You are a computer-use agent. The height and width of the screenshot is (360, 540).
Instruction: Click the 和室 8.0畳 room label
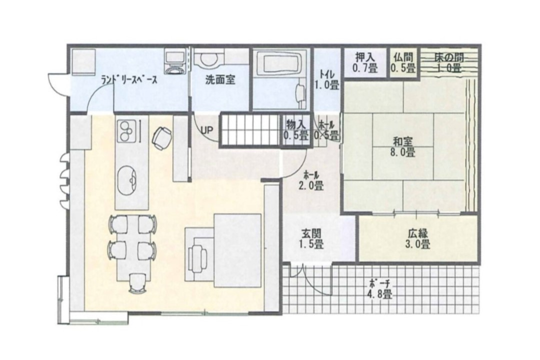[403, 147]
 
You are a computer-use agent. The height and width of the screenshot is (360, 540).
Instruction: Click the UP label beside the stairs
[207, 130]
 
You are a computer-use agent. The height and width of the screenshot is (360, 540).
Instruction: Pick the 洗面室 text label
[220, 80]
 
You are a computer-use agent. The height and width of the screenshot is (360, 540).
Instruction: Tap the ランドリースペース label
[129, 80]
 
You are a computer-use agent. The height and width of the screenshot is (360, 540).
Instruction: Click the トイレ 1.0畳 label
[327, 79]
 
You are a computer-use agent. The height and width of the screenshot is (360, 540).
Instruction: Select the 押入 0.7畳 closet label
[365, 62]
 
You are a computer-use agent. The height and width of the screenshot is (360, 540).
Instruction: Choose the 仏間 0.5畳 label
[403, 62]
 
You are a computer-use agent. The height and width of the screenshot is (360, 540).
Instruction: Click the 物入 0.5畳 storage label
[296, 130]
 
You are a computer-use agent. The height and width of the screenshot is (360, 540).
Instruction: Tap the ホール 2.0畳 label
[311, 180]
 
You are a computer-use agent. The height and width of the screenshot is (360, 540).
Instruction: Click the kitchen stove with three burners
[125, 131]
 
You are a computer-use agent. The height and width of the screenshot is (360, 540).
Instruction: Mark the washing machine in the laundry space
[175, 61]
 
